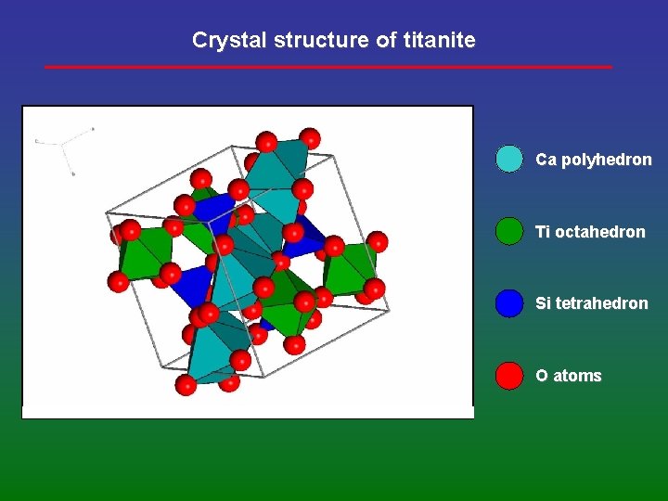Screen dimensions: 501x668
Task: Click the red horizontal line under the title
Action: pos(328,67)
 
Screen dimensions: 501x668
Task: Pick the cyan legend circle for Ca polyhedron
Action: pos(509,160)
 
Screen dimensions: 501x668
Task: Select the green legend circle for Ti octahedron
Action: pos(509,231)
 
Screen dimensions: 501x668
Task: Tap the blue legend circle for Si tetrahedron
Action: pos(509,303)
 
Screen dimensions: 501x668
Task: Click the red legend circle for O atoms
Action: pos(509,376)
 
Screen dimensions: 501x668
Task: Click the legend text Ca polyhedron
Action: pos(593,160)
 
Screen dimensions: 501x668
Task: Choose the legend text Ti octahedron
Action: pos(590,232)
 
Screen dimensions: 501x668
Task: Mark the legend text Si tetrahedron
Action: pos(591,303)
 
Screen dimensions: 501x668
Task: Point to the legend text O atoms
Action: pos(568,376)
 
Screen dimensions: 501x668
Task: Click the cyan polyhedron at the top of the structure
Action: pos(278,172)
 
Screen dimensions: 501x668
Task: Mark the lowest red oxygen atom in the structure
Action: pos(186,385)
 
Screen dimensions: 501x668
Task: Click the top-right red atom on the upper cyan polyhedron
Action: pos(310,138)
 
